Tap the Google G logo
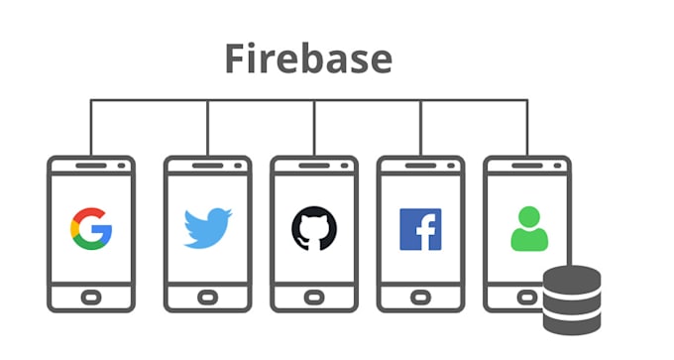(x=91, y=227)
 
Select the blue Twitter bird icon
(x=207, y=227)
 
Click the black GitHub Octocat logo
(x=314, y=227)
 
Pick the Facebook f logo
(x=420, y=228)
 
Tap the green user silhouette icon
(x=527, y=228)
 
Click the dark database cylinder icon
(x=572, y=299)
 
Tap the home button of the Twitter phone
(x=207, y=296)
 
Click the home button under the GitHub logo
(x=314, y=296)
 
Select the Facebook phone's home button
(x=420, y=296)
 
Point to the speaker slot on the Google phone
(x=91, y=166)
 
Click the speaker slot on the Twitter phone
(x=207, y=166)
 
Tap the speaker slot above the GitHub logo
(x=314, y=166)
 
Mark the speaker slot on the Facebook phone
(x=420, y=166)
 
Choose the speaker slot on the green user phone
(x=527, y=166)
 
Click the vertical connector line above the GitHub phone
(x=314, y=127)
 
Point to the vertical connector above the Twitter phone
(x=207, y=127)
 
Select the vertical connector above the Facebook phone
(x=420, y=127)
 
